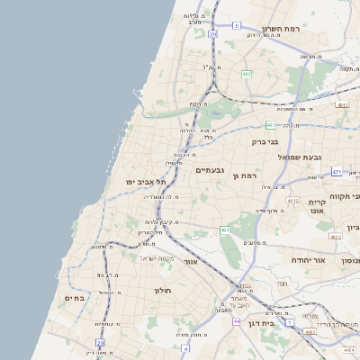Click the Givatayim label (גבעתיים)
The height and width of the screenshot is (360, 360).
pyautogui.click(x=211, y=169)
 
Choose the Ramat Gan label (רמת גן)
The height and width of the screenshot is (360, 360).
pyautogui.click(x=245, y=175)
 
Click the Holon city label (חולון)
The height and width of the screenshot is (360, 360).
pyautogui.click(x=162, y=291)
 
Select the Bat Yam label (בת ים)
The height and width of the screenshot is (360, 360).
pyautogui.click(x=74, y=298)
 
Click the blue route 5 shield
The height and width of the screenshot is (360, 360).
pyautogui.click(x=237, y=26)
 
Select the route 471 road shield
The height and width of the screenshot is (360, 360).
pyautogui.click(x=336, y=171)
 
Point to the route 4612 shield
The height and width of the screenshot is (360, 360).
pyautogui.click(x=292, y=200)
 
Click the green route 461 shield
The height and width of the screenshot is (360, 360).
pyautogui.click(x=224, y=230)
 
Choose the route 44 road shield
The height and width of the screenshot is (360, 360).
pyautogui.click(x=236, y=321)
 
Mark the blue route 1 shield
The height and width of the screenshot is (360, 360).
pyautogui.click(x=290, y=322)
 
